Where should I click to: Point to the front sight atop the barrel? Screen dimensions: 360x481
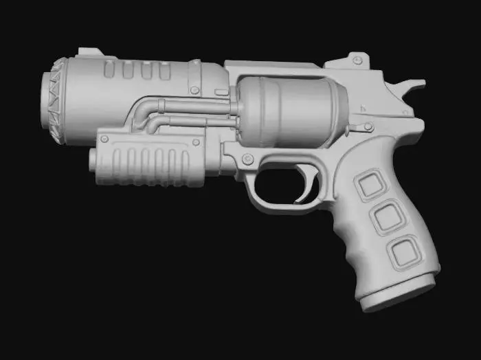[x=89, y=55]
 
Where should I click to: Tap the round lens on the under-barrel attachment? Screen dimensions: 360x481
[x=93, y=160]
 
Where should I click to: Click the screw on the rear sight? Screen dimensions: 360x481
[x=357, y=61]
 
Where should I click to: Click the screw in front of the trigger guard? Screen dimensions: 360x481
[x=245, y=161]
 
